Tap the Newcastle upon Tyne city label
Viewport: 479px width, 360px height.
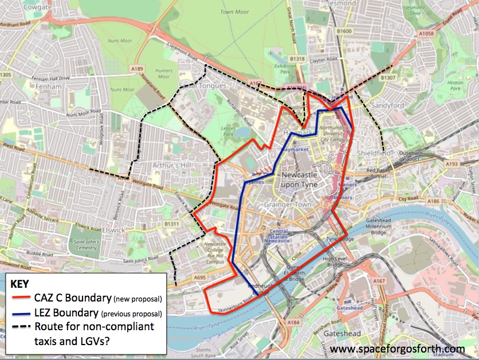(x=303, y=180)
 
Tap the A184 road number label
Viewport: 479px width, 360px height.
(x=294, y=324)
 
